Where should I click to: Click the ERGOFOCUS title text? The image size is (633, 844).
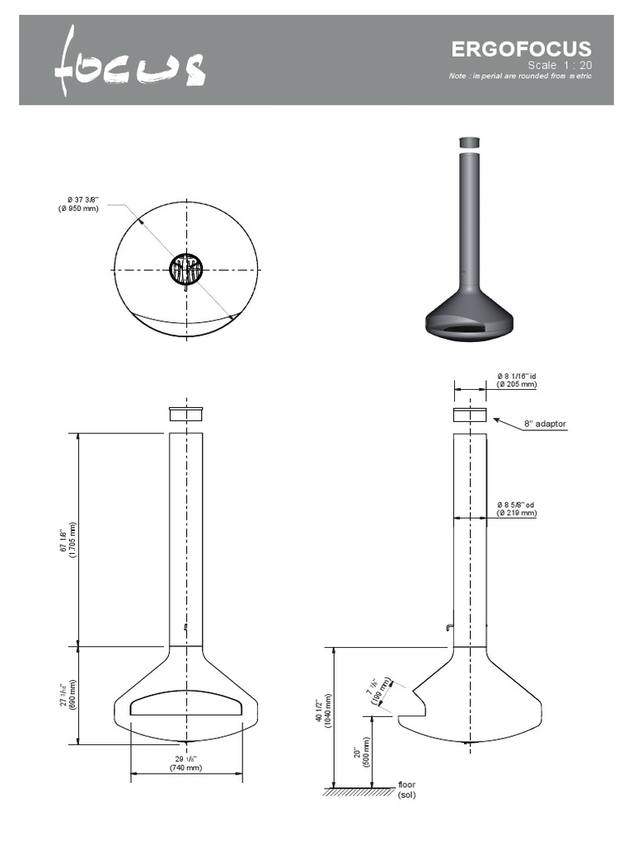521,49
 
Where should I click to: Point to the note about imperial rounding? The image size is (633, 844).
520,77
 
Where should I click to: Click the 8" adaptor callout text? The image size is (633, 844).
545,424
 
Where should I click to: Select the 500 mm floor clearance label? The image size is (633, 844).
363,752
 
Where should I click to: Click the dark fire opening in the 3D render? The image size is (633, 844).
468,329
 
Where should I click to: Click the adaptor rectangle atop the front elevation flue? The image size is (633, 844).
186,414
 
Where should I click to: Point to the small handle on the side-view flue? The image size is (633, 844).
448,628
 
